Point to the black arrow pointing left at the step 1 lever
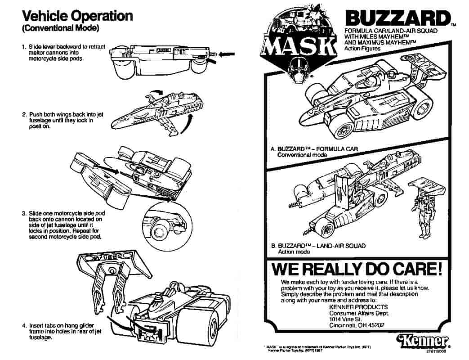228,54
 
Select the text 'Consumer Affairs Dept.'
359,313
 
